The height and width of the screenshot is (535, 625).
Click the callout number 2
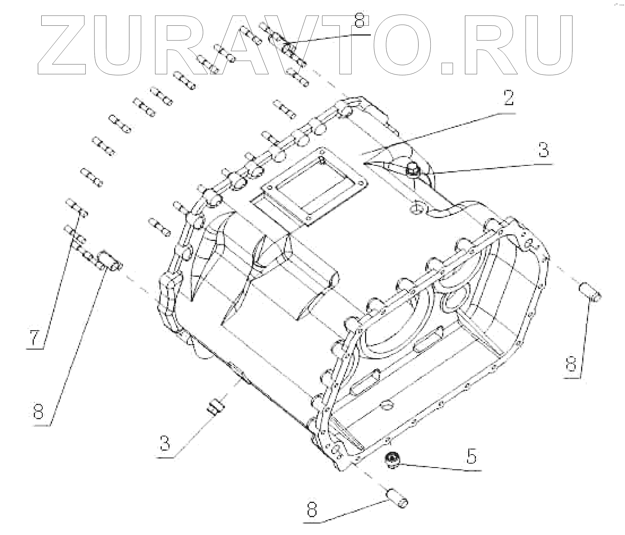(x=509, y=99)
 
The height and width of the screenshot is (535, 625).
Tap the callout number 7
(x=34, y=338)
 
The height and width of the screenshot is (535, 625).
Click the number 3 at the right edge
(x=543, y=150)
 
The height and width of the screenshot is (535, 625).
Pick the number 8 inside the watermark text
(x=360, y=21)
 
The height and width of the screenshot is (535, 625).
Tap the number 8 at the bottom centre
(x=312, y=509)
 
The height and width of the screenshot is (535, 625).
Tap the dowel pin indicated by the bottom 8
(x=397, y=501)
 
